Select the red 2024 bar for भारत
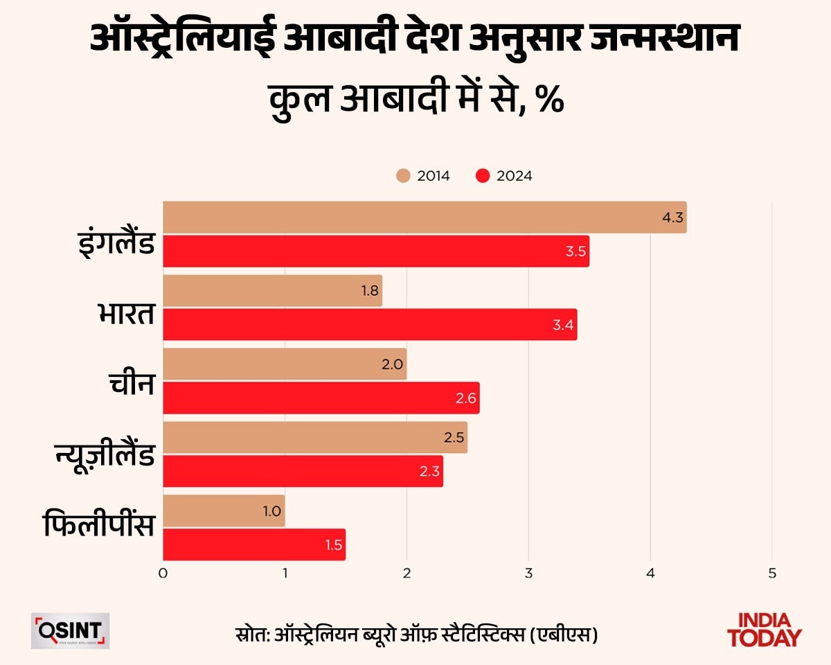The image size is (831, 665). pyautogui.click(x=370, y=324)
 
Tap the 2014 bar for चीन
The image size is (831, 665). pyautogui.click(x=285, y=364)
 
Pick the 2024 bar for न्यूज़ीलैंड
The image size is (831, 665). pyautogui.click(x=303, y=471)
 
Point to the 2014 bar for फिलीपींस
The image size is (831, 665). pyautogui.click(x=224, y=511)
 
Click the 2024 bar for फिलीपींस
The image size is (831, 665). pyautogui.click(x=254, y=544)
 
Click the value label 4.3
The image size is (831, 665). pyautogui.click(x=672, y=218)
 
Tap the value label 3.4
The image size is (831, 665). pyautogui.click(x=563, y=324)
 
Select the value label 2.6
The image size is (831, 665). pyautogui.click(x=465, y=398)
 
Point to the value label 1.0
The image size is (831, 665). pyautogui.click(x=271, y=511)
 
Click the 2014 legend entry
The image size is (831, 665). pyautogui.click(x=423, y=176)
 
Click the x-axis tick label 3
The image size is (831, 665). pyautogui.click(x=528, y=573)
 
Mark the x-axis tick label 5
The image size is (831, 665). pyautogui.click(x=772, y=573)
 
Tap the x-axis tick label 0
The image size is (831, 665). pyautogui.click(x=163, y=573)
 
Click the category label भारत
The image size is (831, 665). pyautogui.click(x=125, y=313)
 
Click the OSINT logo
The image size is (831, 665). pyautogui.click(x=70, y=630)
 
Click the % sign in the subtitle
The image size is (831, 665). pyautogui.click(x=551, y=101)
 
